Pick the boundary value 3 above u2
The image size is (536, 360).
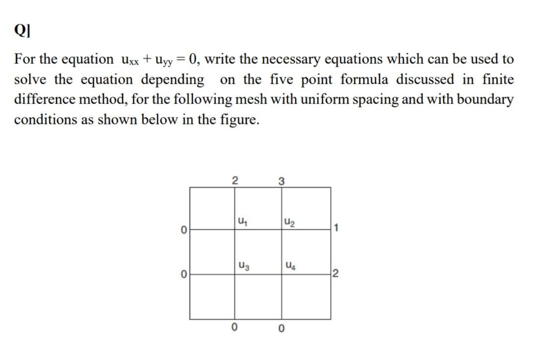tap(281, 180)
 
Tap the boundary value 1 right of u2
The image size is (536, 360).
tap(336, 229)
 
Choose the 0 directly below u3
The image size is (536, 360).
tap(235, 327)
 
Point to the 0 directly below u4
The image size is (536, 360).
tap(281, 328)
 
